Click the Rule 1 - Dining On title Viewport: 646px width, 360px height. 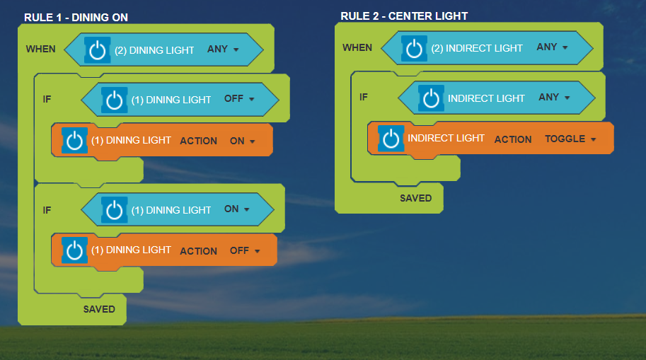(x=76, y=17)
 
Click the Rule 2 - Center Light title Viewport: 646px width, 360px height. (x=404, y=16)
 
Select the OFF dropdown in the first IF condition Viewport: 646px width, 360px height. (x=239, y=99)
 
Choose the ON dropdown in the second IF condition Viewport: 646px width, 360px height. (x=237, y=209)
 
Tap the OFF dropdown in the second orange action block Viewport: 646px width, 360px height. (x=245, y=250)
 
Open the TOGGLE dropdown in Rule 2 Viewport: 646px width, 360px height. (x=570, y=139)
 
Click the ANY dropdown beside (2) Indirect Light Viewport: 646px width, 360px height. (x=553, y=47)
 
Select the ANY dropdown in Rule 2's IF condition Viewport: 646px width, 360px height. (x=554, y=98)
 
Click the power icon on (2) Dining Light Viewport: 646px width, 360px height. (x=98, y=50)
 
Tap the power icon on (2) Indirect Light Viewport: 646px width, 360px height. (x=415, y=48)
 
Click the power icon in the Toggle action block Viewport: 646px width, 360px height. (x=391, y=139)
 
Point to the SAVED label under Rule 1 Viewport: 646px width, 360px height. (x=99, y=309)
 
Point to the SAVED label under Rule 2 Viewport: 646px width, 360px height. (x=415, y=198)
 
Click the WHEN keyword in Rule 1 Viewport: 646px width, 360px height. (x=40, y=50)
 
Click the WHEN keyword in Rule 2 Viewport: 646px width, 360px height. (x=357, y=47)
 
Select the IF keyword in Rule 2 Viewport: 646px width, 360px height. (x=364, y=97)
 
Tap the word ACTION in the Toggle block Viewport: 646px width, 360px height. (x=513, y=139)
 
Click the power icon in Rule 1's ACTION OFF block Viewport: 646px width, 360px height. (x=74, y=250)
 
